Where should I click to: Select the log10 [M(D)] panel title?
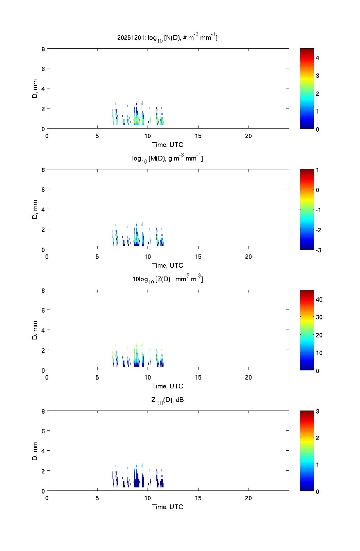coord(167,158)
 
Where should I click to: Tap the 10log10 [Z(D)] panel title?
coord(167,279)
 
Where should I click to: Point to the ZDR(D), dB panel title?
coord(167,400)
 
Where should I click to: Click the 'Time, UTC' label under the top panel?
coord(168,145)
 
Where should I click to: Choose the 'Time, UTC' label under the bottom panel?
coord(168,507)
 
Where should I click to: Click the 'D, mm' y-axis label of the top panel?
coord(35,88)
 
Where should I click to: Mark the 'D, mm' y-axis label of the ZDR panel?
coord(35,451)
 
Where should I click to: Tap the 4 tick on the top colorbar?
coord(318,58)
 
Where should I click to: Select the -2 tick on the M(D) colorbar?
coord(318,230)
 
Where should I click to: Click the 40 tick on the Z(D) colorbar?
coord(319,300)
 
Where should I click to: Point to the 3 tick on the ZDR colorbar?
coord(318,411)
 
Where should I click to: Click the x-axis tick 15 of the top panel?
coord(198,136)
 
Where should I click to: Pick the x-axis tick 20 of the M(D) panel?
coord(248,257)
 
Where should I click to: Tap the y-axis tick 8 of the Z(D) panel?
coord(43,290)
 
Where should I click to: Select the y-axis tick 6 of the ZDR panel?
coord(43,431)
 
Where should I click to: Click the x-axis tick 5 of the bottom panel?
coord(97,498)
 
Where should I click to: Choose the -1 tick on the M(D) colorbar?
coord(318,210)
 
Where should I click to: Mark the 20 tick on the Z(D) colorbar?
coord(319,335)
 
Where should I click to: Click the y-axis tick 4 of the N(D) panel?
coord(43,88)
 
